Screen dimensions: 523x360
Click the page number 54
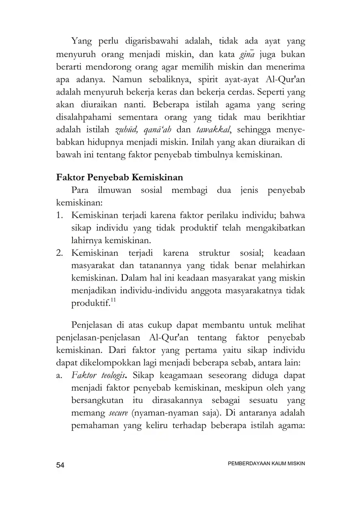60,465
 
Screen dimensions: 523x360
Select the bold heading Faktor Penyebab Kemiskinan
119,178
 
